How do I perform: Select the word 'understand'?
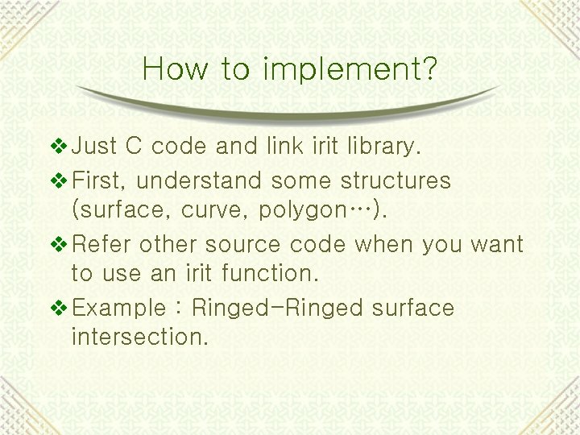[x=200, y=180]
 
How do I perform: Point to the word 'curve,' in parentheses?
[x=215, y=210]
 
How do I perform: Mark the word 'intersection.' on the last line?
[x=139, y=338]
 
